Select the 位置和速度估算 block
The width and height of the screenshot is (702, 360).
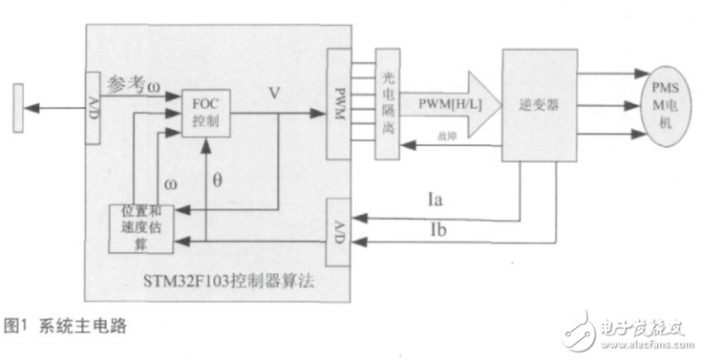143,226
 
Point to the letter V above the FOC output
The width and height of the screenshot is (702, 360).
273,94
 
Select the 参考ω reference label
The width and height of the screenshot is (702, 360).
134,85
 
